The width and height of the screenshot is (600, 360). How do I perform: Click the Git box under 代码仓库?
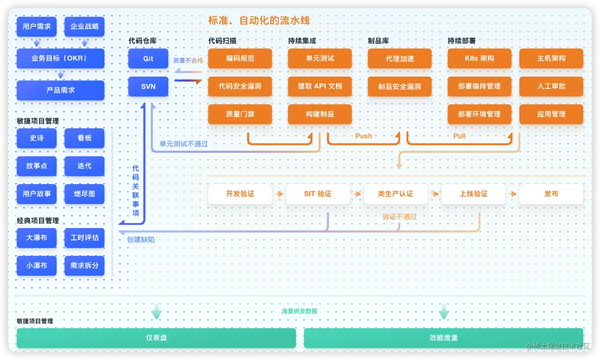point(148,59)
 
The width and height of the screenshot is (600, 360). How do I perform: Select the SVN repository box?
point(148,87)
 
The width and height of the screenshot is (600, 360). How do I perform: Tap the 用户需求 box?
point(37,27)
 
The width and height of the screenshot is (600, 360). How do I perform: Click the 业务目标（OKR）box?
point(60,58)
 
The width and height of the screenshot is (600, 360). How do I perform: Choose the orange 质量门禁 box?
point(240,114)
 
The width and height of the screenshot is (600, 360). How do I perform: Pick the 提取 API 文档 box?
point(320,87)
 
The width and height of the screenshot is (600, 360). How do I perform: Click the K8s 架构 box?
point(479,59)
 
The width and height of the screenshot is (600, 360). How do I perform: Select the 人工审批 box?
point(551,87)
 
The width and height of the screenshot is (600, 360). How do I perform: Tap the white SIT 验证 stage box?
point(318,194)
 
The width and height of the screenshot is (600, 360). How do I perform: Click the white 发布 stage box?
point(551,194)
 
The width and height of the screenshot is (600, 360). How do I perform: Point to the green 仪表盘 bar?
point(156,338)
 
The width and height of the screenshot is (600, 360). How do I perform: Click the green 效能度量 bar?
point(444,338)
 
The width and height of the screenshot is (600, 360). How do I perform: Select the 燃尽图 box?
point(85,194)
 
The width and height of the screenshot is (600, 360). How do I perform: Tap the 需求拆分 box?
point(85,266)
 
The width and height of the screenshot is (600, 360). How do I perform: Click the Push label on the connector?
point(363,136)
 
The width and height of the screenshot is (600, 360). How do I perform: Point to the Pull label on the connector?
point(460,136)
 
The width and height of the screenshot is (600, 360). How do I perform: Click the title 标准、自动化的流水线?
point(259,21)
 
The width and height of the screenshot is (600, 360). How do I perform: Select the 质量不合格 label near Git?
point(188,61)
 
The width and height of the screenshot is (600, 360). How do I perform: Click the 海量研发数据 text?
point(300,311)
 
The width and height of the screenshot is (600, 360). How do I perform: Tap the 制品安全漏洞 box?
point(400,87)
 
